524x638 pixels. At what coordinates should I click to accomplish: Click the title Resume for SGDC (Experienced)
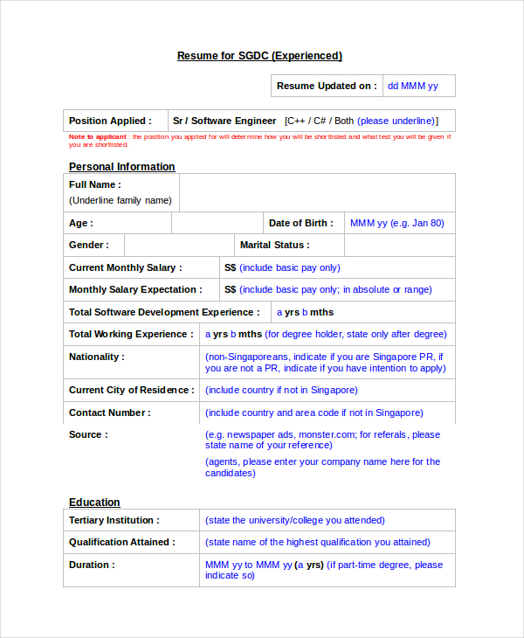coord(259,56)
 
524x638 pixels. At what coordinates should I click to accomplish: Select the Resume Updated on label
coord(327,86)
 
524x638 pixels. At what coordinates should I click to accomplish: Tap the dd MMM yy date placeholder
coord(413,86)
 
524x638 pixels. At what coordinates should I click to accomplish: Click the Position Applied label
coord(110,121)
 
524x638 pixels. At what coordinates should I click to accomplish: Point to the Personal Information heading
coord(122,167)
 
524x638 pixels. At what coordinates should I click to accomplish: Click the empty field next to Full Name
coord(316,192)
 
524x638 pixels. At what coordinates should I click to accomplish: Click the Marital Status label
coord(274,246)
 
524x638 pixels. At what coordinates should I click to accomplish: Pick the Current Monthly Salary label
coord(126,267)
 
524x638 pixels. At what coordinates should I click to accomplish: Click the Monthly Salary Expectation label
coord(135,289)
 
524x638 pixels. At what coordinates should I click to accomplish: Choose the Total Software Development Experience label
coord(164,312)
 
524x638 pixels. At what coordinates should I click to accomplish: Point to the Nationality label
coord(97,357)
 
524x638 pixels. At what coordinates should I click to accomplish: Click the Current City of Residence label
coord(131,390)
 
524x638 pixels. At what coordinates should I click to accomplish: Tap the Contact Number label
coord(110,413)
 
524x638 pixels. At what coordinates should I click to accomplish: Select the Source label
coord(89,434)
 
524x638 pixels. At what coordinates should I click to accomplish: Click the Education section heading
coord(94,503)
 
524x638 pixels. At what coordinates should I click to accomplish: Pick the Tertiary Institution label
coord(114,520)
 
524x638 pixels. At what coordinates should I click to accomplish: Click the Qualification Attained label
coord(122,542)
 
